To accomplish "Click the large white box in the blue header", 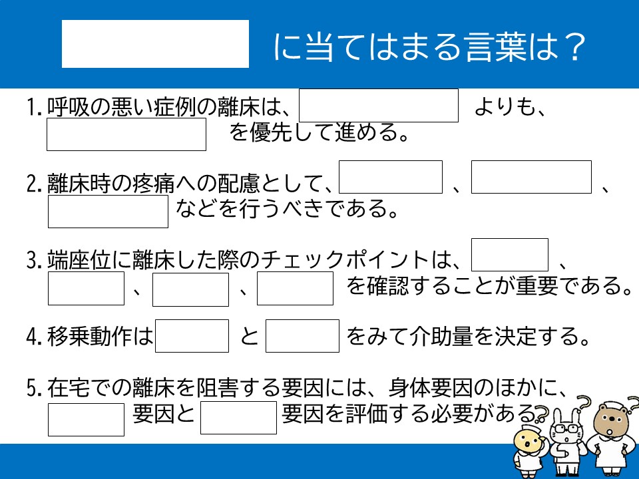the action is tap(155, 44).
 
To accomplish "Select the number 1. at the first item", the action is tap(34, 107).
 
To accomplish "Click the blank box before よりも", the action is tap(379, 105).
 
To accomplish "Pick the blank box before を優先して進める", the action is tap(126, 134).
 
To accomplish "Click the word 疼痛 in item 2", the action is tap(153, 184).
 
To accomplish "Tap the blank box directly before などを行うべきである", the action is tap(108, 212).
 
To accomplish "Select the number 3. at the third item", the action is tap(34, 260).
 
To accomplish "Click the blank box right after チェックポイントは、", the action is tap(509, 255).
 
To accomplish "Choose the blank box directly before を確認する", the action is tap(295, 288).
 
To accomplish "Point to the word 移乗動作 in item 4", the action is tap(90, 336).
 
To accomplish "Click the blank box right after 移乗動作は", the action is tap(192, 335).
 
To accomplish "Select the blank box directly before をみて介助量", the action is tap(302, 335).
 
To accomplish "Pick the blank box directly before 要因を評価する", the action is tap(238, 418).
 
